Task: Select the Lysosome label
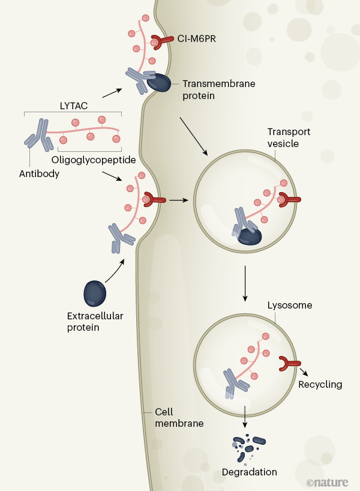point(285,305)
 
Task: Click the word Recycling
point(320,384)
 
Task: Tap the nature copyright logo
point(329,481)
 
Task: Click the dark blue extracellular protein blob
point(95,294)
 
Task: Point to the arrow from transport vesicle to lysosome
point(245,282)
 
